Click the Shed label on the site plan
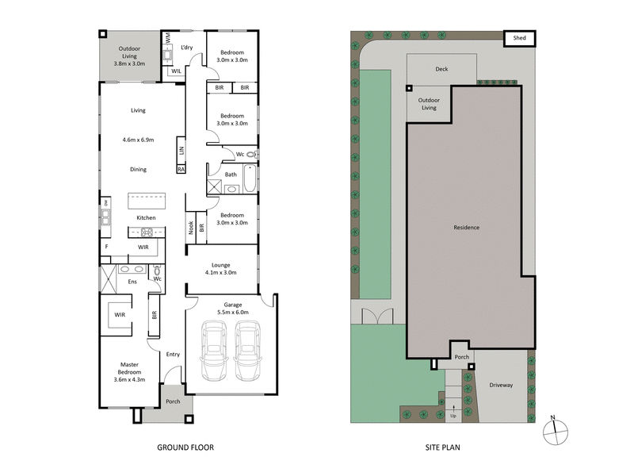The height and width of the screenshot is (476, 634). [520, 37]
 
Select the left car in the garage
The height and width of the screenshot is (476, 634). [214, 352]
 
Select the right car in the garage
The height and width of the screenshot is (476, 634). [247, 352]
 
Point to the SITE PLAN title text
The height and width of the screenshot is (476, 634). [441, 447]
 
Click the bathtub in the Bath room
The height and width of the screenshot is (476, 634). [250, 178]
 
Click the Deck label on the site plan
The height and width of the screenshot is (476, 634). [441, 69]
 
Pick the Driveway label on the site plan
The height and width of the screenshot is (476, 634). [501, 386]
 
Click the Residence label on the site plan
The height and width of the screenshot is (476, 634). [466, 228]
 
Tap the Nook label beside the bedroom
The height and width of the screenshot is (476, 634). [191, 228]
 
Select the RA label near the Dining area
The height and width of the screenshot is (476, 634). [181, 169]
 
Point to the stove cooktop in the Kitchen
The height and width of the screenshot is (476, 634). [147, 232]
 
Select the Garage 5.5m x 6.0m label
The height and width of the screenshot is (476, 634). [232, 309]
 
